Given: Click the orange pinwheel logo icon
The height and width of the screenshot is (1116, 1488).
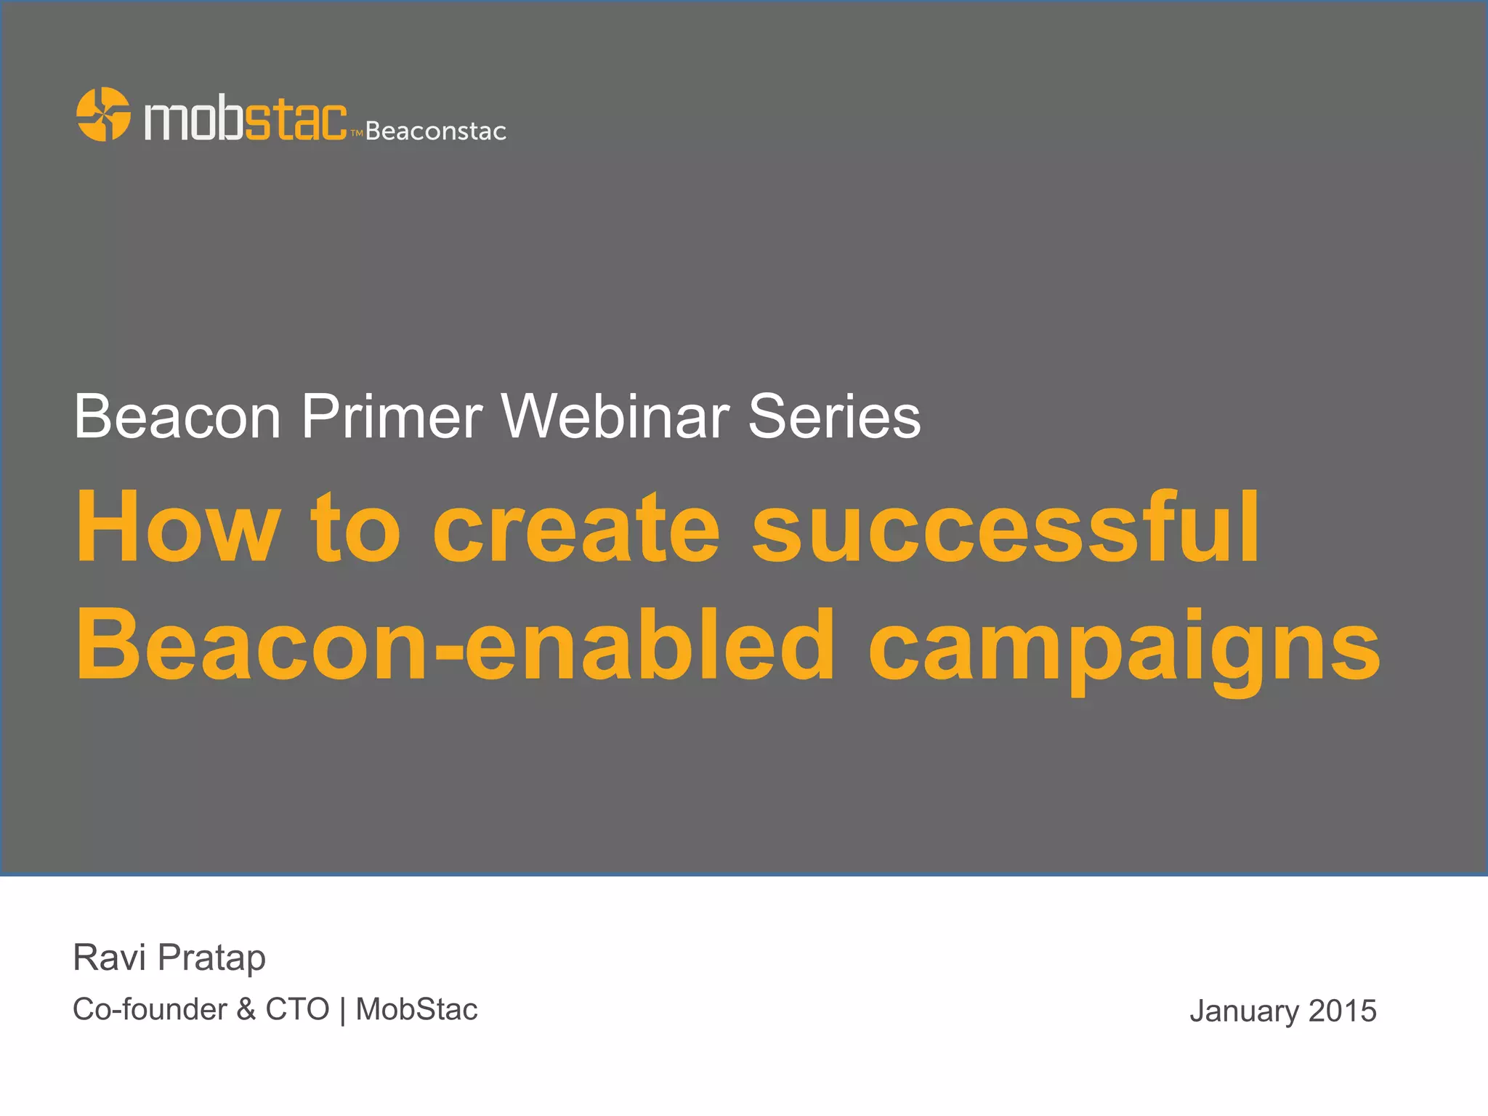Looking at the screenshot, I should pyautogui.click(x=103, y=114).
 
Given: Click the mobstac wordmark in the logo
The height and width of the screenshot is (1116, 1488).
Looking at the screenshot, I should pyautogui.click(x=246, y=119).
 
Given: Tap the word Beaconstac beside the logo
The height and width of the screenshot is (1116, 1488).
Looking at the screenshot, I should pyautogui.click(x=436, y=132).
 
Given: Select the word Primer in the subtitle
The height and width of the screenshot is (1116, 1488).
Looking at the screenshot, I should pyautogui.click(x=392, y=417).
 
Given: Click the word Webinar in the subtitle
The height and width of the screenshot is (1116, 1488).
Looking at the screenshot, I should pyautogui.click(x=615, y=417).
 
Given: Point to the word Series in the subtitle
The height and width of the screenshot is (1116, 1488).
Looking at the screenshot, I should pyautogui.click(x=834, y=417).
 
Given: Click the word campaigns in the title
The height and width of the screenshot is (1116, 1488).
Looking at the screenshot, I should pyautogui.click(x=1124, y=648).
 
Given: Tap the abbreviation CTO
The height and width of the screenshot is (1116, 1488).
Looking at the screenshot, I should pyautogui.click(x=297, y=1010).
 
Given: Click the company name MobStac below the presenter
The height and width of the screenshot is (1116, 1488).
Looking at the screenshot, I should pyautogui.click(x=416, y=1010).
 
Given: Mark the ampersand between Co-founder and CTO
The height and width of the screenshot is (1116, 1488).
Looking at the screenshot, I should pyautogui.click(x=246, y=1010).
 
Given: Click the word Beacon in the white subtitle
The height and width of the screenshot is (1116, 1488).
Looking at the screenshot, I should pyautogui.click(x=177, y=417).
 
